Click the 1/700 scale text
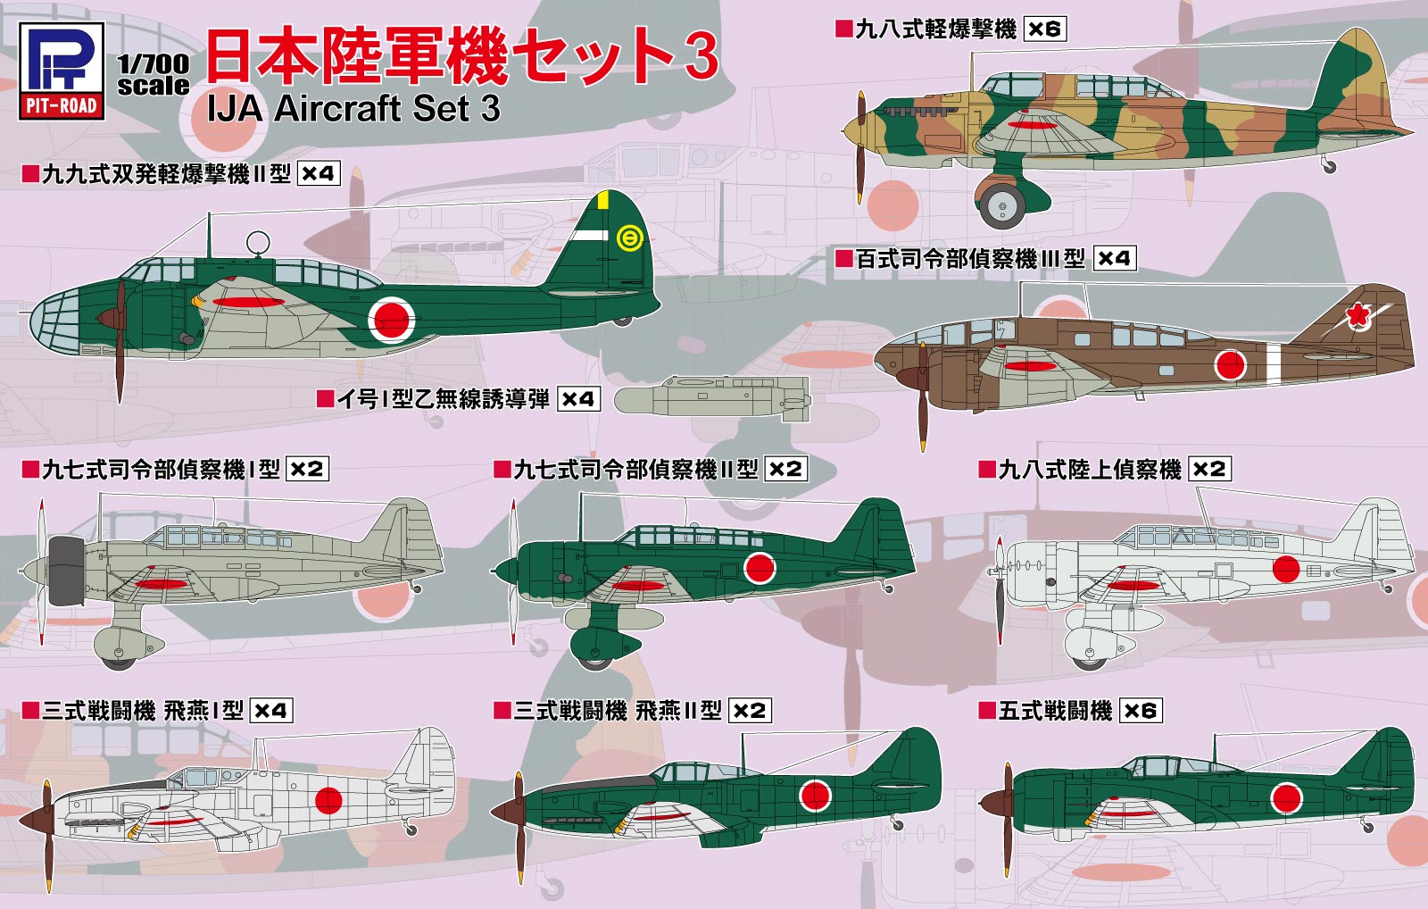point(154,75)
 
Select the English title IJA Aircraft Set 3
point(353,109)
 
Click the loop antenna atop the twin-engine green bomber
point(258,242)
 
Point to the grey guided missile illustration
point(714,397)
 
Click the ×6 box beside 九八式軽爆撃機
point(1044,29)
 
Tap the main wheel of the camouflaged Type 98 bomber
point(1002,205)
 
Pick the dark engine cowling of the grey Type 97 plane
point(66,571)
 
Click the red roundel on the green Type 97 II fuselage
point(760,567)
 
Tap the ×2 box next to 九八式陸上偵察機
point(1209,469)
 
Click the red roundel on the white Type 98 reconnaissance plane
point(1286,568)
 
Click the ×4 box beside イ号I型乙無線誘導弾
point(578,399)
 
